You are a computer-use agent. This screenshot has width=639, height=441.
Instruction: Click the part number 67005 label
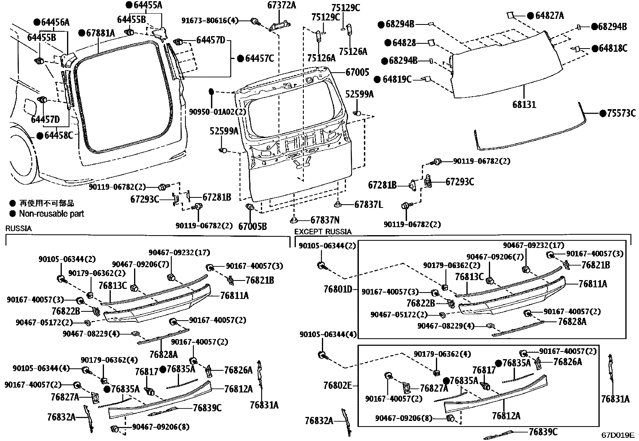point(357,72)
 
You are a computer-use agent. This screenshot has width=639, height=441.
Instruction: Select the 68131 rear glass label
point(524,105)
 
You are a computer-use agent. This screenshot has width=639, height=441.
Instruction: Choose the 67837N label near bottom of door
point(325,220)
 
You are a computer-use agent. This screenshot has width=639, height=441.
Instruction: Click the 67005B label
point(252,226)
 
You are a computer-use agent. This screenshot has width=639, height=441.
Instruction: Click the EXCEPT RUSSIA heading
point(323,232)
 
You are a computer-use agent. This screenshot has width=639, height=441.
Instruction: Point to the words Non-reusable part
point(51,213)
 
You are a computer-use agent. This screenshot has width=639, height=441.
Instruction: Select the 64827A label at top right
point(549,16)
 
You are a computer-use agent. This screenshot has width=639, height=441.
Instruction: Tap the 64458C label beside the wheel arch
point(59,136)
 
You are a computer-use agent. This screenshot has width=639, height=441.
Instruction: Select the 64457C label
point(259,59)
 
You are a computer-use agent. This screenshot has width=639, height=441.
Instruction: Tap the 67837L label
point(368,205)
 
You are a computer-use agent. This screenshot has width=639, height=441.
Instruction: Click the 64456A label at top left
point(55,22)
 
